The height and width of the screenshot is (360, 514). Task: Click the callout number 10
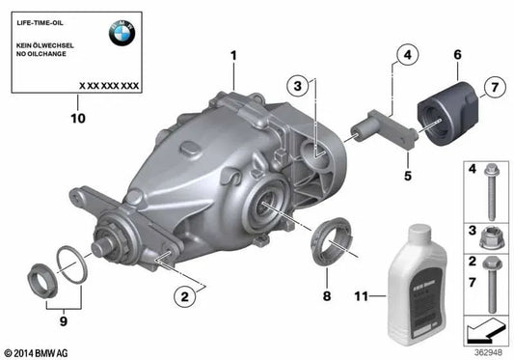78,119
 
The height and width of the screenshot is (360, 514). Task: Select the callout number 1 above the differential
232,56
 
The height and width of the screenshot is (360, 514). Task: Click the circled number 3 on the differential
300,88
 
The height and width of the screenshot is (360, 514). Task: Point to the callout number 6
456,57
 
